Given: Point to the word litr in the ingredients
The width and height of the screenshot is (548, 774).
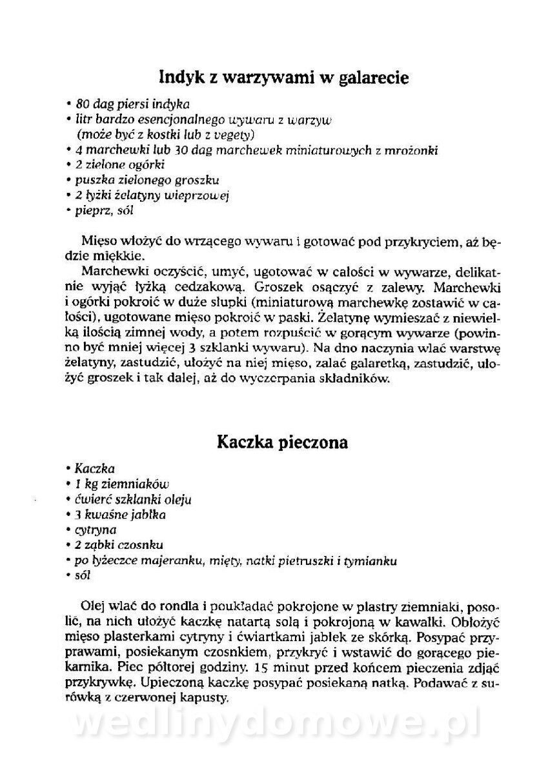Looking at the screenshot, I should pyautogui.click(x=83, y=119).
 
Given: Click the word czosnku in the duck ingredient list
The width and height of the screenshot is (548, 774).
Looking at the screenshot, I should pyautogui.click(x=143, y=545).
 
